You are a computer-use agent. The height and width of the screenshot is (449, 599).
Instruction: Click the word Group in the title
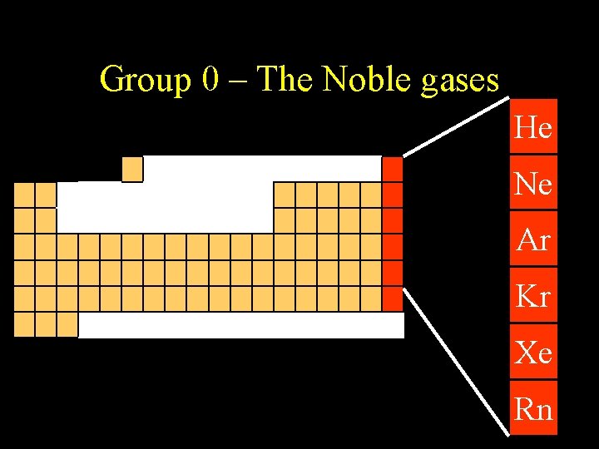(145, 80)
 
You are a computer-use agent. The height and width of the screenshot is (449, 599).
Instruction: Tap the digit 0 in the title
(211, 79)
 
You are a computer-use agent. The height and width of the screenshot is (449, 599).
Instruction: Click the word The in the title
(285, 79)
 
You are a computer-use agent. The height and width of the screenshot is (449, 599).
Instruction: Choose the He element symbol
(533, 128)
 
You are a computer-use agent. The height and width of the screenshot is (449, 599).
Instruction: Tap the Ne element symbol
(533, 184)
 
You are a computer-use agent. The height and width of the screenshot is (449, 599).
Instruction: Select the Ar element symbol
(533, 240)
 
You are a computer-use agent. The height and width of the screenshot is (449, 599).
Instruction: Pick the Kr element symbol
(533, 296)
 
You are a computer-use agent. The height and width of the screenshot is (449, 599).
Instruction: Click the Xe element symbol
(533, 353)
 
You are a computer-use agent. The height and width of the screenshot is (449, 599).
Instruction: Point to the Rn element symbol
(533, 408)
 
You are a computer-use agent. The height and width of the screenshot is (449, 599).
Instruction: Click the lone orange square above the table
(132, 169)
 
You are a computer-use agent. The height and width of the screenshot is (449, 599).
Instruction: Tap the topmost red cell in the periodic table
(392, 169)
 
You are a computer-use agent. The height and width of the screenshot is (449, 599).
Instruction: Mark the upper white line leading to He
(456, 127)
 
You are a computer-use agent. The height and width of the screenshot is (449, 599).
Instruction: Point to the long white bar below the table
(240, 325)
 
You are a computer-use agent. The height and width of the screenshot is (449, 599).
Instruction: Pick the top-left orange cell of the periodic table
(24, 195)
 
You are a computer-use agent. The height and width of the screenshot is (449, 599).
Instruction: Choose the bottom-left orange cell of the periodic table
(24, 324)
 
